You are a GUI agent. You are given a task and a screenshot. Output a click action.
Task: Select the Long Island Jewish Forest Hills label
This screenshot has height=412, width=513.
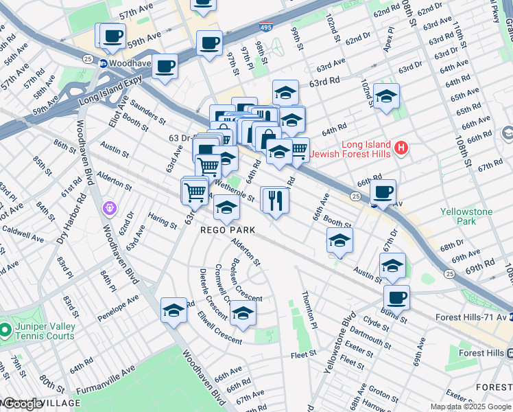click(x=350, y=149)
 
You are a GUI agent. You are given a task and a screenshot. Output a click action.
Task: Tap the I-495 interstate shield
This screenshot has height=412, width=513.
click(x=265, y=27)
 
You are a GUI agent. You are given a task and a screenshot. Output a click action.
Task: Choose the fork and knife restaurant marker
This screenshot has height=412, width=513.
click(x=275, y=201)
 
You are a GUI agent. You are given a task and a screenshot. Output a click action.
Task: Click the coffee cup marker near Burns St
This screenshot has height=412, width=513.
click(x=396, y=299)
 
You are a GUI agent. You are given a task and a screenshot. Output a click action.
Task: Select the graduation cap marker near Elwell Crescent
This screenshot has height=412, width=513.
click(x=242, y=314)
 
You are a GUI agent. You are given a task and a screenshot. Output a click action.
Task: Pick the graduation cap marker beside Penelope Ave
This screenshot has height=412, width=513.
click(x=174, y=310)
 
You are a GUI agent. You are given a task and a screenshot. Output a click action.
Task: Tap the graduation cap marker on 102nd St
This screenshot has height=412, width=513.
click(x=386, y=97)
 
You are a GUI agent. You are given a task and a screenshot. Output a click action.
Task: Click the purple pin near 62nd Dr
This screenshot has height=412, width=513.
click(x=108, y=207)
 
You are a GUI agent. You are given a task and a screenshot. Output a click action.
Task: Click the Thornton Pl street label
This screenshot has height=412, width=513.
click(x=308, y=308)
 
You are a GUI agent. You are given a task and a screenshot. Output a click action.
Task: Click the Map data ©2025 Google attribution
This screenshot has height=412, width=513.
click(x=470, y=407)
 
